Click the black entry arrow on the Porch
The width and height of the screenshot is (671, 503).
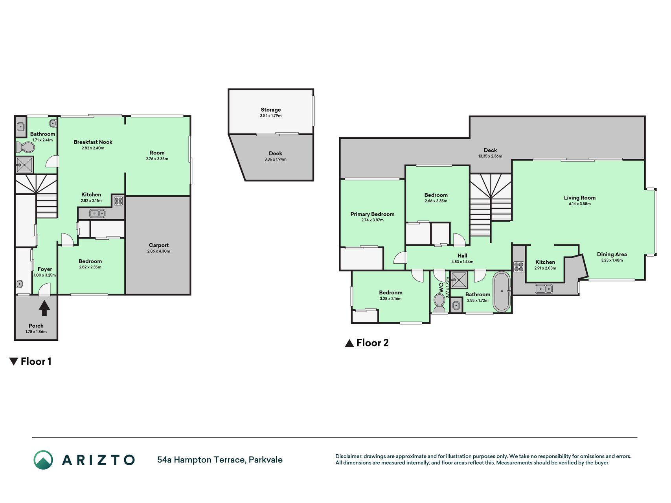(44, 308)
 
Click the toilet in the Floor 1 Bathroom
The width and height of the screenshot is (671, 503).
(25, 147)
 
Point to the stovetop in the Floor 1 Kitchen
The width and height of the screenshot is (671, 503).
(118, 201)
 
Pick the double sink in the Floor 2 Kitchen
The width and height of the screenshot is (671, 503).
(544, 289)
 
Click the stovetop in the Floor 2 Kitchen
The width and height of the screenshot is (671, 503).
(519, 267)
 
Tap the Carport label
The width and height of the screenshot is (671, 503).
(159, 245)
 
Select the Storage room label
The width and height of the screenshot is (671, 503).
(271, 110)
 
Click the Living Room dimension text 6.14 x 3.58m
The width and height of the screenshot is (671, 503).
(580, 204)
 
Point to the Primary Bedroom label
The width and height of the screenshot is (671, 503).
(372, 214)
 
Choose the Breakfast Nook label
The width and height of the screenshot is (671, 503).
(93, 142)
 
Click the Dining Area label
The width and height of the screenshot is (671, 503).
(612, 254)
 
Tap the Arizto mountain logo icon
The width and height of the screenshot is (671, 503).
(43, 460)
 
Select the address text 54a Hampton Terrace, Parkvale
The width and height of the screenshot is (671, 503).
(220, 460)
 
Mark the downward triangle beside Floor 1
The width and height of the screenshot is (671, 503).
(14, 362)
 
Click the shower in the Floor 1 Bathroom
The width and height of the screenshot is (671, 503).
(25, 165)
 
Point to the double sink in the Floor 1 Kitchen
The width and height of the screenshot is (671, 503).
(97, 213)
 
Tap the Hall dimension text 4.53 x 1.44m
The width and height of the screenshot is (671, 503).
(462, 262)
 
